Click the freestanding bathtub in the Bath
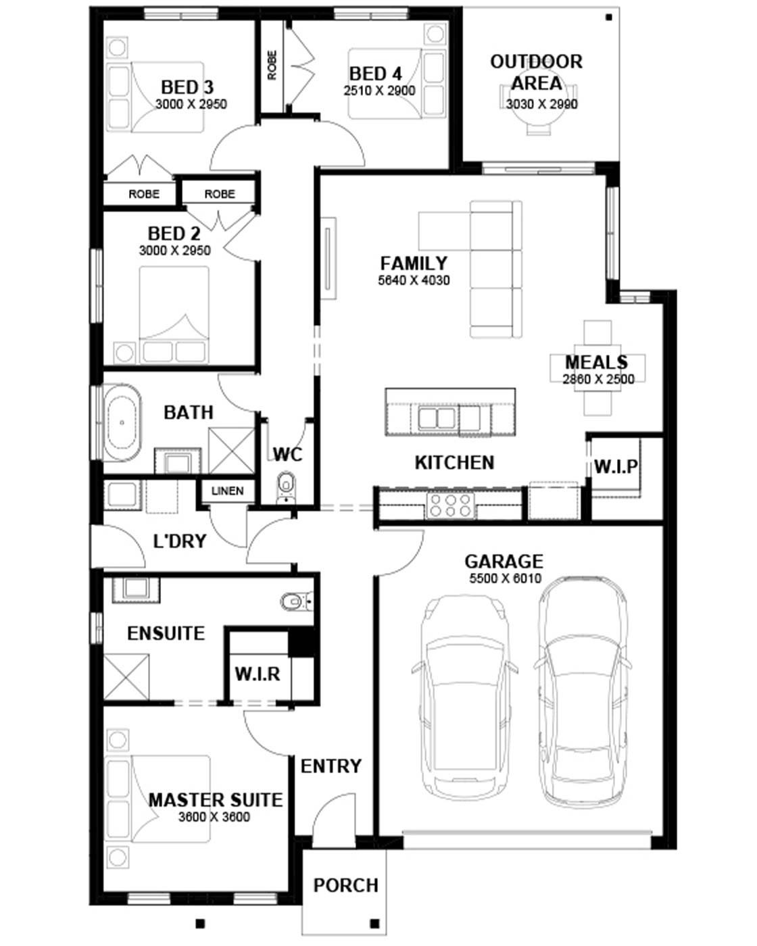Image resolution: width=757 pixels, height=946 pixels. click(x=122, y=422)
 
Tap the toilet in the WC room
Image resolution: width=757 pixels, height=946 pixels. click(x=286, y=487)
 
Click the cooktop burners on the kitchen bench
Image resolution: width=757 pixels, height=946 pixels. click(x=450, y=505)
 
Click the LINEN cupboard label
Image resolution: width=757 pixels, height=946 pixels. click(x=227, y=491)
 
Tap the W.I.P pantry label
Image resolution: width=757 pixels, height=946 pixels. click(x=616, y=467)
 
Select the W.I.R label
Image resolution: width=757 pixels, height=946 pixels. click(x=258, y=674)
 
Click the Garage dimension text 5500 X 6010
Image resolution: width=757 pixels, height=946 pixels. click(x=505, y=578)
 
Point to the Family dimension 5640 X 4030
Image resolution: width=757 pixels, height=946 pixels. click(x=414, y=280)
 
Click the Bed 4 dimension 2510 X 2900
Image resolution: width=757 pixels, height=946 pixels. click(x=379, y=91)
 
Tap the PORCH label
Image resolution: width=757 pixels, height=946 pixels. click(x=346, y=885)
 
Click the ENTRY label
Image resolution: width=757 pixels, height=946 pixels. click(x=331, y=766)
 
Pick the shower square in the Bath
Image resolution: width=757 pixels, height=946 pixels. click(x=231, y=450)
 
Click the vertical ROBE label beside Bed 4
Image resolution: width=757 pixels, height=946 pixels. click(x=272, y=65)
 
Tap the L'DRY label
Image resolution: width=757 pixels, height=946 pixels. click(x=180, y=541)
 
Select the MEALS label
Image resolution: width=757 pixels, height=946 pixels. click(x=596, y=362)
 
